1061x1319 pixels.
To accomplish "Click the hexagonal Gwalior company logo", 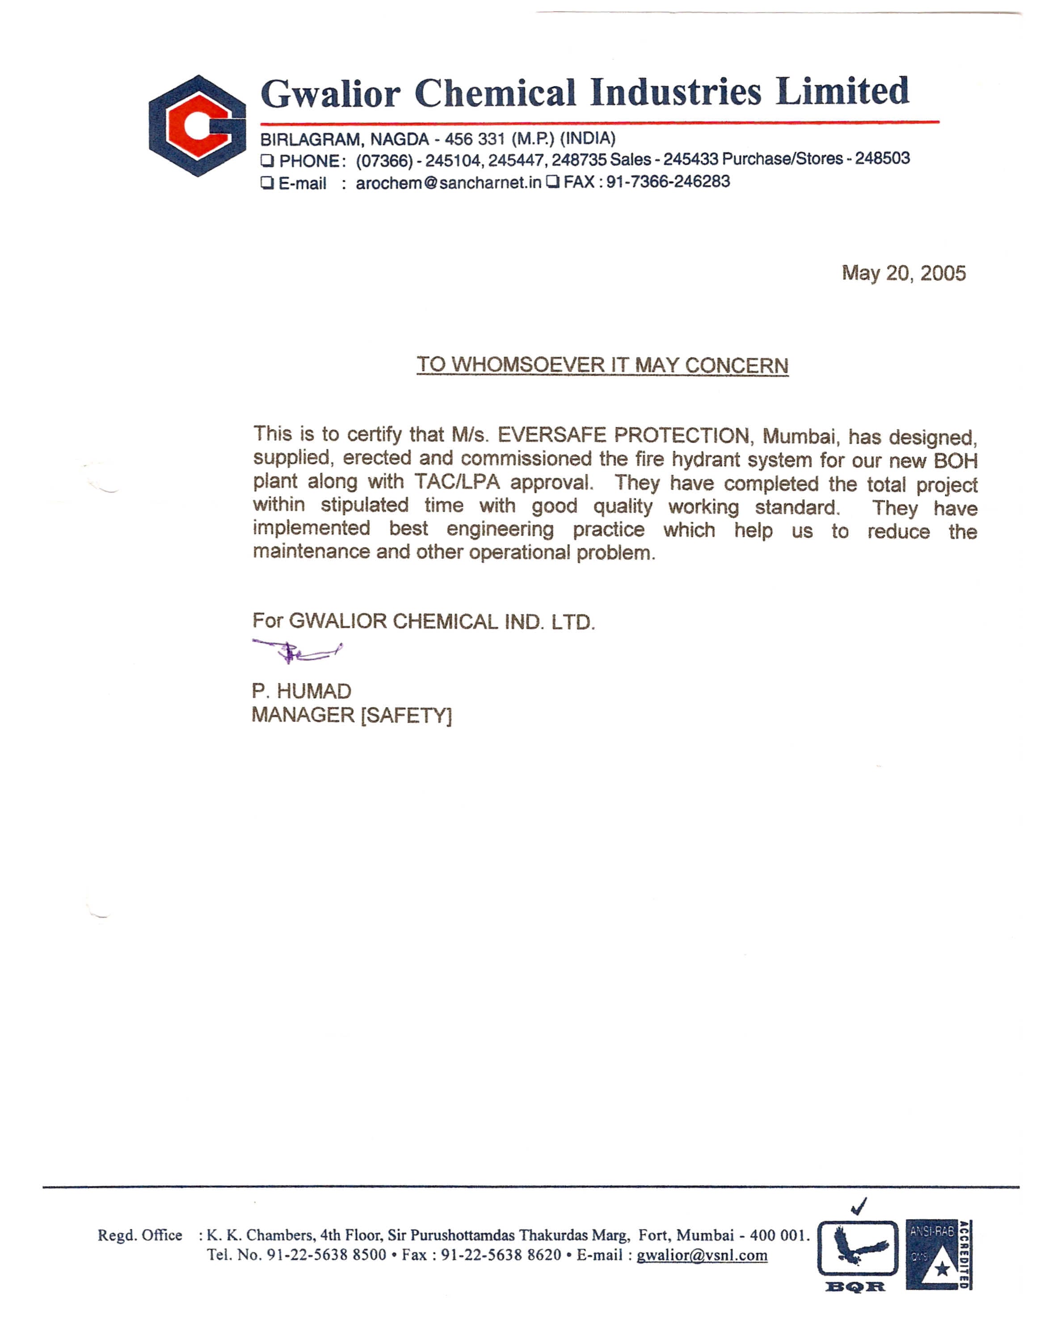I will pyautogui.click(x=197, y=126).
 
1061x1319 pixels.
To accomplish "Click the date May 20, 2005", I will pyautogui.click(x=903, y=273).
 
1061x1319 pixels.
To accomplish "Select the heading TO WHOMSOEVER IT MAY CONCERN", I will pyautogui.click(x=602, y=365).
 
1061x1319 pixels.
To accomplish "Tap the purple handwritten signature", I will pyautogui.click(x=297, y=651).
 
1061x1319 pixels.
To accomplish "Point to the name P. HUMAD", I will pyautogui.click(x=301, y=691).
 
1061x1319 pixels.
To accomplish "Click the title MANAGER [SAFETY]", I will pyautogui.click(x=351, y=715).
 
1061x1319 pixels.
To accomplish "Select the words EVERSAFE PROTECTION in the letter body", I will pyautogui.click(x=623, y=436).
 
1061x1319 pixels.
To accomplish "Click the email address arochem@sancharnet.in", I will pyautogui.click(x=449, y=183).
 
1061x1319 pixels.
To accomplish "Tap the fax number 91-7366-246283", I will pyautogui.click(x=668, y=182).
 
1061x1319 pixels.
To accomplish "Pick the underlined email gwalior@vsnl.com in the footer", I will pyautogui.click(x=701, y=1256).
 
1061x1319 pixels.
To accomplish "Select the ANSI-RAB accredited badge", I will pyautogui.click(x=938, y=1254).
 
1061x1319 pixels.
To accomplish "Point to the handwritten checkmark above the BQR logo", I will pyautogui.click(x=859, y=1206).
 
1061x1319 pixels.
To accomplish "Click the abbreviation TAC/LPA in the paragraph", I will pyautogui.click(x=456, y=482).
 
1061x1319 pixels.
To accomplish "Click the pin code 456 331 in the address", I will pyautogui.click(x=474, y=139).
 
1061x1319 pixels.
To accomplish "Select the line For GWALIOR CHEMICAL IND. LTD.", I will pyautogui.click(x=423, y=622).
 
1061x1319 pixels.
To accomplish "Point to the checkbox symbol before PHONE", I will pyautogui.click(x=267, y=161).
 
